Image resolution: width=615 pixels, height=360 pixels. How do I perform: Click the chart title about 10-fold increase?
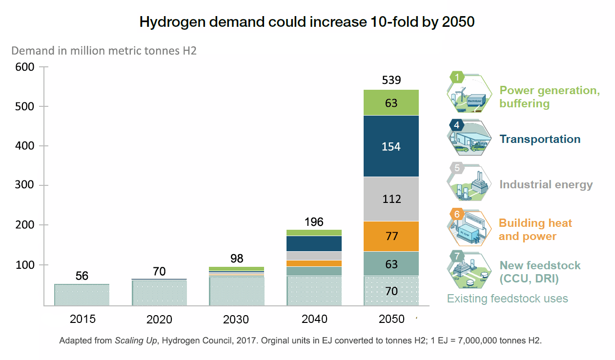307,22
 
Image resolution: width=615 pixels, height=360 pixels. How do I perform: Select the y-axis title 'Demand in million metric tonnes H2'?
103,51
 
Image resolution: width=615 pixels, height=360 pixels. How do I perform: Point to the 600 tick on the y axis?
25,67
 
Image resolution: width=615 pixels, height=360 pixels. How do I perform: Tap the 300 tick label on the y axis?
25,185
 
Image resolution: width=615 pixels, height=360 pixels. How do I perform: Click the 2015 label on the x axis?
82,319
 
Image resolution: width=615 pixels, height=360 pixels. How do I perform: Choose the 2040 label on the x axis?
314,319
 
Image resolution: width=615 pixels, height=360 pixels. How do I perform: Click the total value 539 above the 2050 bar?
391,80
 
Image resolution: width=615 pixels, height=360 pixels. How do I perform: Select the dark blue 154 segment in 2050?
391,146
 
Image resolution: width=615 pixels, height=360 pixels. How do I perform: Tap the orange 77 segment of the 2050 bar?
391,236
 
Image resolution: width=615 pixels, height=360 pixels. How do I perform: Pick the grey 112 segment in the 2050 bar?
391,199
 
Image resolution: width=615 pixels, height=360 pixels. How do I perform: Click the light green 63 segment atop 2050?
391,103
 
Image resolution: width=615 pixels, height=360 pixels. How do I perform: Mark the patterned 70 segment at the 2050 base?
391,291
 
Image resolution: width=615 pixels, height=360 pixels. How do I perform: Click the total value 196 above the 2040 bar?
314,222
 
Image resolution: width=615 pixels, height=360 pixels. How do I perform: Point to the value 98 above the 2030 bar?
237,258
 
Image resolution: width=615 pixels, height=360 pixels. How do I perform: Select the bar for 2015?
82,295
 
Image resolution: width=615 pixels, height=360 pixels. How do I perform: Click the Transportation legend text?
540,139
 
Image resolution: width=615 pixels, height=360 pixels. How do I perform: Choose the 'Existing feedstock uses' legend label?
508,298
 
